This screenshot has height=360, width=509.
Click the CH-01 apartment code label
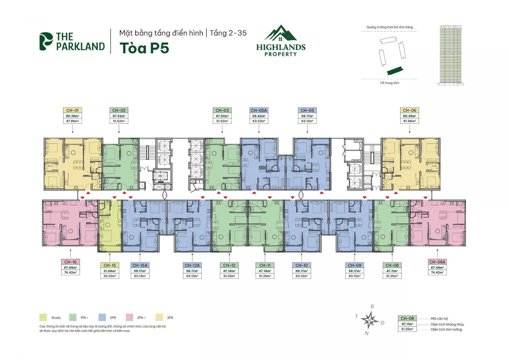click(x=72, y=110)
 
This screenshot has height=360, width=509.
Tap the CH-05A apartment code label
click(x=259, y=110)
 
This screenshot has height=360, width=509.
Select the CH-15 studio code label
click(x=110, y=265)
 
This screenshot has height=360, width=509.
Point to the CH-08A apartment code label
click(x=437, y=262)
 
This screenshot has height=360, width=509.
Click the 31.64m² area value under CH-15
click(x=110, y=271)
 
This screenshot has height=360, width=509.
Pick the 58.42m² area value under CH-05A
click(x=259, y=116)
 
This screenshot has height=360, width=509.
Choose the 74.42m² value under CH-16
click(x=70, y=272)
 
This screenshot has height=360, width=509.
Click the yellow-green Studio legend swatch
click(x=43, y=318)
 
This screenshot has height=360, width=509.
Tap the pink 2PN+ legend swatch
click(x=129, y=318)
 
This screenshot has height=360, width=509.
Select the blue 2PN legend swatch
click(x=102, y=318)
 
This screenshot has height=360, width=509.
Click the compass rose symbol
click(x=369, y=320)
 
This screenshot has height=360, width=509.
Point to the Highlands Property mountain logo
click(x=281, y=33)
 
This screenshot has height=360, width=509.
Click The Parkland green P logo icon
click(x=46, y=41)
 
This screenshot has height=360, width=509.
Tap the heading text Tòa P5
click(x=144, y=48)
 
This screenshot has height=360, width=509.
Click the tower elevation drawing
click(x=451, y=55)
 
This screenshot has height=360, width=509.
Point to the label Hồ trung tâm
click(x=389, y=83)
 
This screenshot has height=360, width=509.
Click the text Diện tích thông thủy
click(x=447, y=324)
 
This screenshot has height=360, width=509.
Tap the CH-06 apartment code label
click(x=409, y=110)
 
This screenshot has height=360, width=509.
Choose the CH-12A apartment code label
click(x=192, y=265)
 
